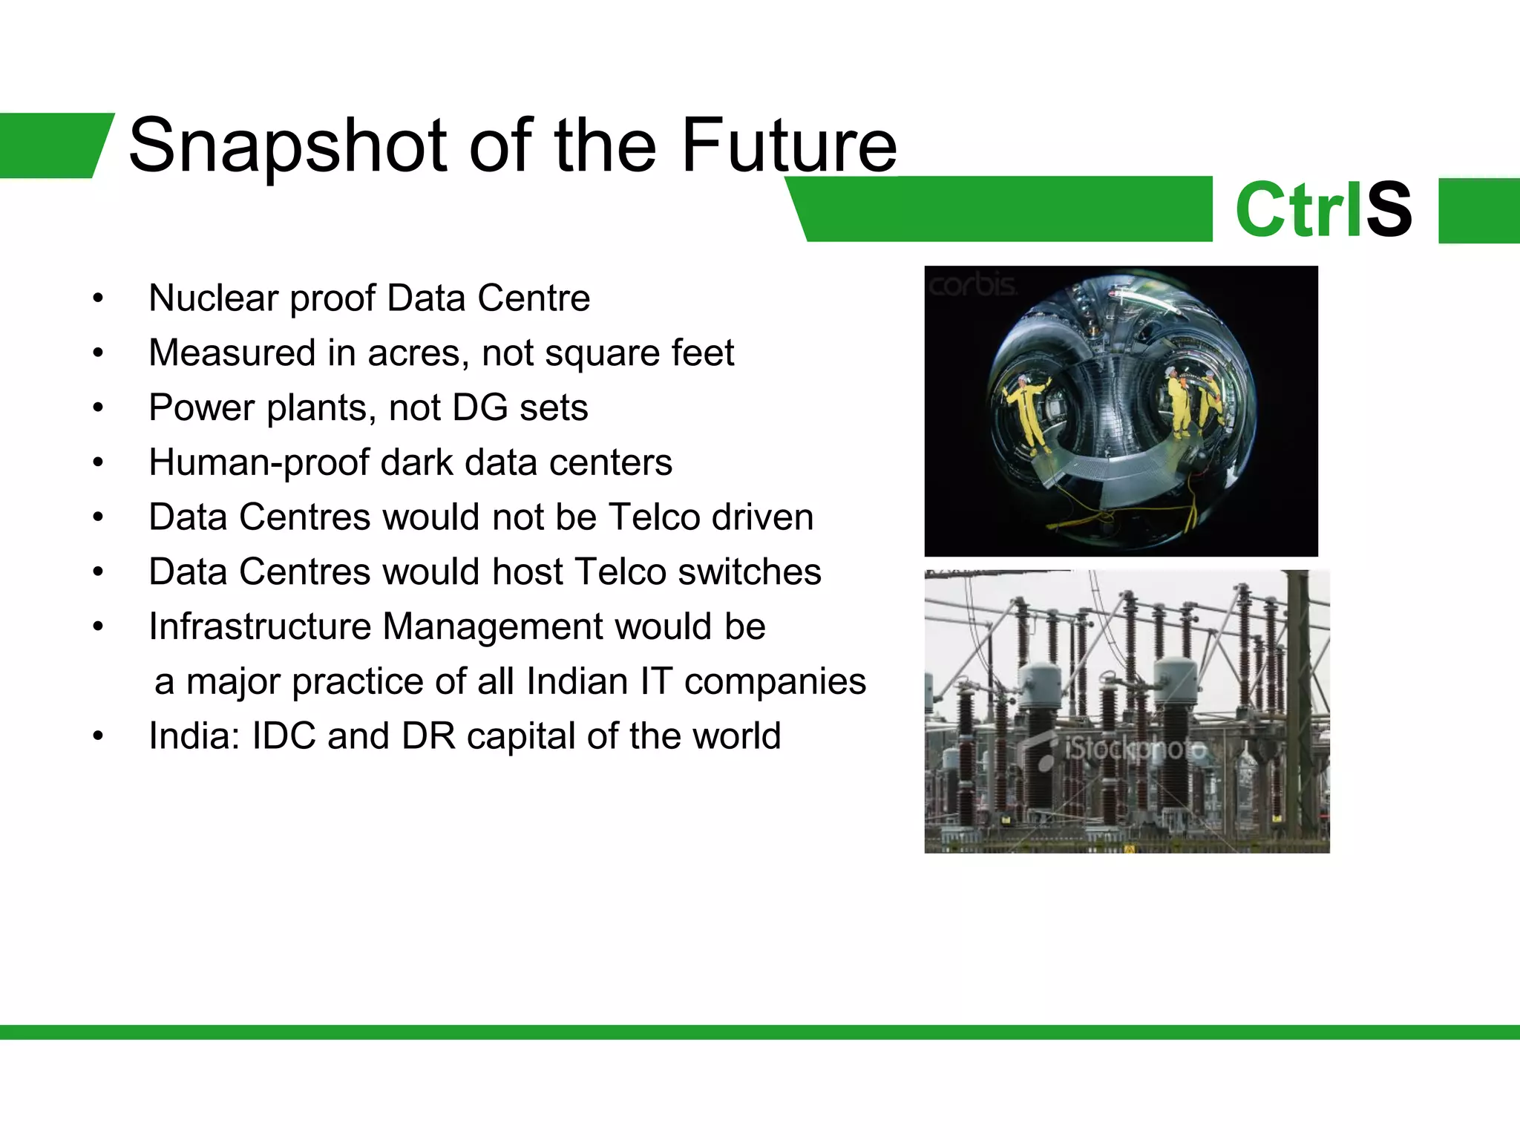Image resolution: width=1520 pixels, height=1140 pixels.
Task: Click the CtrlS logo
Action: [1323, 210]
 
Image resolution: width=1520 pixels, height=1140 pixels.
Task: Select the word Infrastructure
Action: [259, 626]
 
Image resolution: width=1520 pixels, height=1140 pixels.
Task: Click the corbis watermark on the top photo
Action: [972, 285]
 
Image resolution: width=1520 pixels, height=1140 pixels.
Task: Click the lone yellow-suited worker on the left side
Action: [1027, 412]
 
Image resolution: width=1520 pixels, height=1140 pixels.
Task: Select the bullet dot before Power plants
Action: [98, 408]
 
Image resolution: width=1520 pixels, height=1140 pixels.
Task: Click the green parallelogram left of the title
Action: [52, 145]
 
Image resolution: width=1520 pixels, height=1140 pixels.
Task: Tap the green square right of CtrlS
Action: [1478, 211]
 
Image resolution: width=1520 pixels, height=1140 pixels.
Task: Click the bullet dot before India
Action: [98, 737]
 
